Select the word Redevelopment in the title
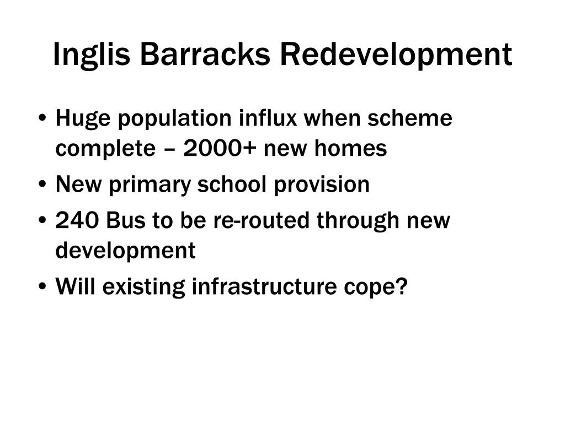(x=397, y=55)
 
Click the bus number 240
(x=77, y=221)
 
